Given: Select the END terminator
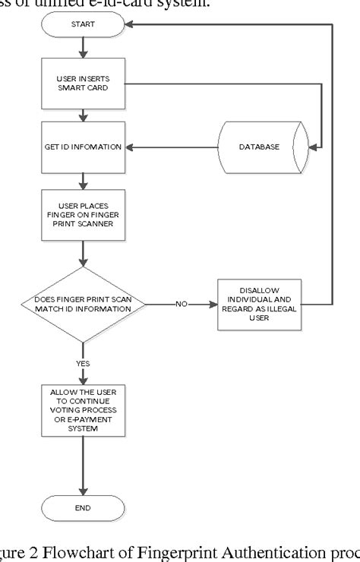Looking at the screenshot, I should [x=82, y=507].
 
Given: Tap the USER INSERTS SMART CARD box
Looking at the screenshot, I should [x=82, y=84].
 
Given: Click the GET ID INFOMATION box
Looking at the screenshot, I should [x=82, y=146].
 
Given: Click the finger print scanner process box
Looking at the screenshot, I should [x=82, y=214].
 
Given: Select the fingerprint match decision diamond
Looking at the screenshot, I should [x=82, y=305].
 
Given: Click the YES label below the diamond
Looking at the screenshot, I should [x=82, y=363].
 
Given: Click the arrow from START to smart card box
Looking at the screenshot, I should [x=82, y=50].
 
